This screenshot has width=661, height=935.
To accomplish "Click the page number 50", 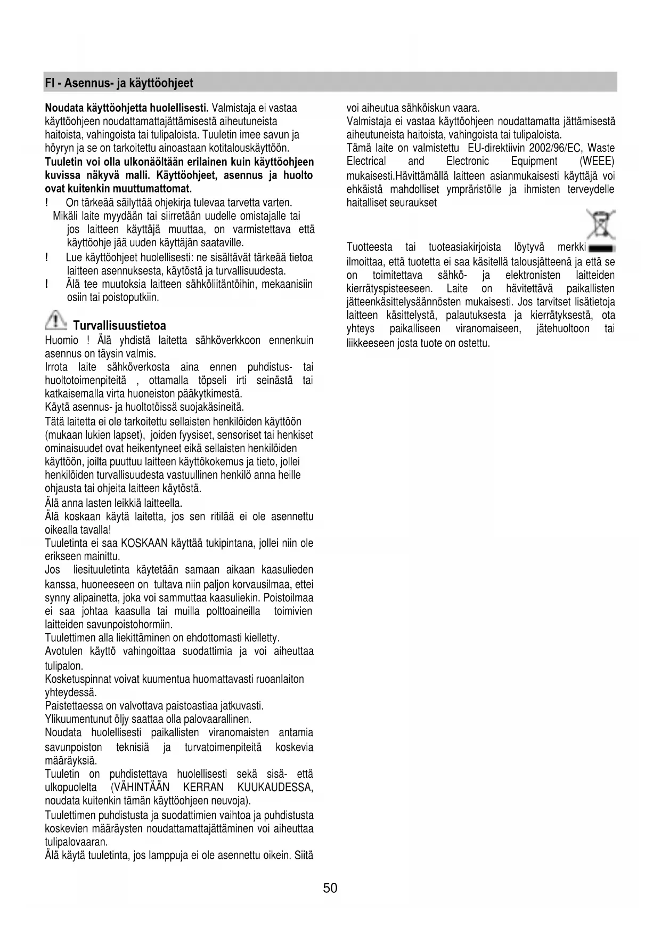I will tap(330, 888).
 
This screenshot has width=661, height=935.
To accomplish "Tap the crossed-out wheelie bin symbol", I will tap(601, 224).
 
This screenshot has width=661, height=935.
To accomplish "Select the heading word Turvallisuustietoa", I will tap(119, 326).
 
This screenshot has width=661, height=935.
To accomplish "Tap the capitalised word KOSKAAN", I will tap(145, 544).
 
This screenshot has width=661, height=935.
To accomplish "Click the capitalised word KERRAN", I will tap(203, 788).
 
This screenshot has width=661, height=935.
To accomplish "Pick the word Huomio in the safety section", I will tap(62, 341).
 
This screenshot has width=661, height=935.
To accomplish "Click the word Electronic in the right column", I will tap(468, 162).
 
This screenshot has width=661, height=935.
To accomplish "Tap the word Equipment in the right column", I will tap(534, 162).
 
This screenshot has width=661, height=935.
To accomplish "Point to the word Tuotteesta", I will tap(369, 247).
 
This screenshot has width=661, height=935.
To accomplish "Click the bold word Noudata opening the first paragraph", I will tap(63, 108).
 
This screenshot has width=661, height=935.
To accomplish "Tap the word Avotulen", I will tap(64, 651).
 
